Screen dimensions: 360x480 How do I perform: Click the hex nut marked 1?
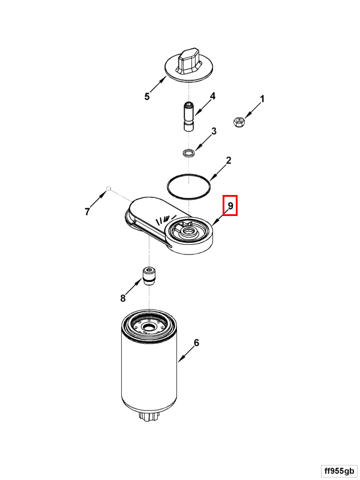(238, 122)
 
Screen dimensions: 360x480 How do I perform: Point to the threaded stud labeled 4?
(189, 117)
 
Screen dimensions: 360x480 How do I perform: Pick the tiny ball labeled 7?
(108, 188)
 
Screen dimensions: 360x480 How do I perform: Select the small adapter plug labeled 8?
(149, 276)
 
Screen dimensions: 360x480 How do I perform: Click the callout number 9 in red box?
(230, 205)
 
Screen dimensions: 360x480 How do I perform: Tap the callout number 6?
(196, 343)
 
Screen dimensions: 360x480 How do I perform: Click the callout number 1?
(262, 99)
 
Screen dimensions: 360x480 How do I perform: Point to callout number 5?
(147, 97)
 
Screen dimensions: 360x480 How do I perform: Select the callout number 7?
(87, 211)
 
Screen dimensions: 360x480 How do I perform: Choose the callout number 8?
(123, 298)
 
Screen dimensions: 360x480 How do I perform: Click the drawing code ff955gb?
(339, 471)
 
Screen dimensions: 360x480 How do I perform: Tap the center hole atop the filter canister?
(149, 328)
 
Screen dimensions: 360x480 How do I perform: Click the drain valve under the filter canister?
(149, 416)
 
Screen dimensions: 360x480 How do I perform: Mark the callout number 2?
(229, 160)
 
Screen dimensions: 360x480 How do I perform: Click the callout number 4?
(212, 96)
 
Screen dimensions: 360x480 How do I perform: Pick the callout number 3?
(214, 131)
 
